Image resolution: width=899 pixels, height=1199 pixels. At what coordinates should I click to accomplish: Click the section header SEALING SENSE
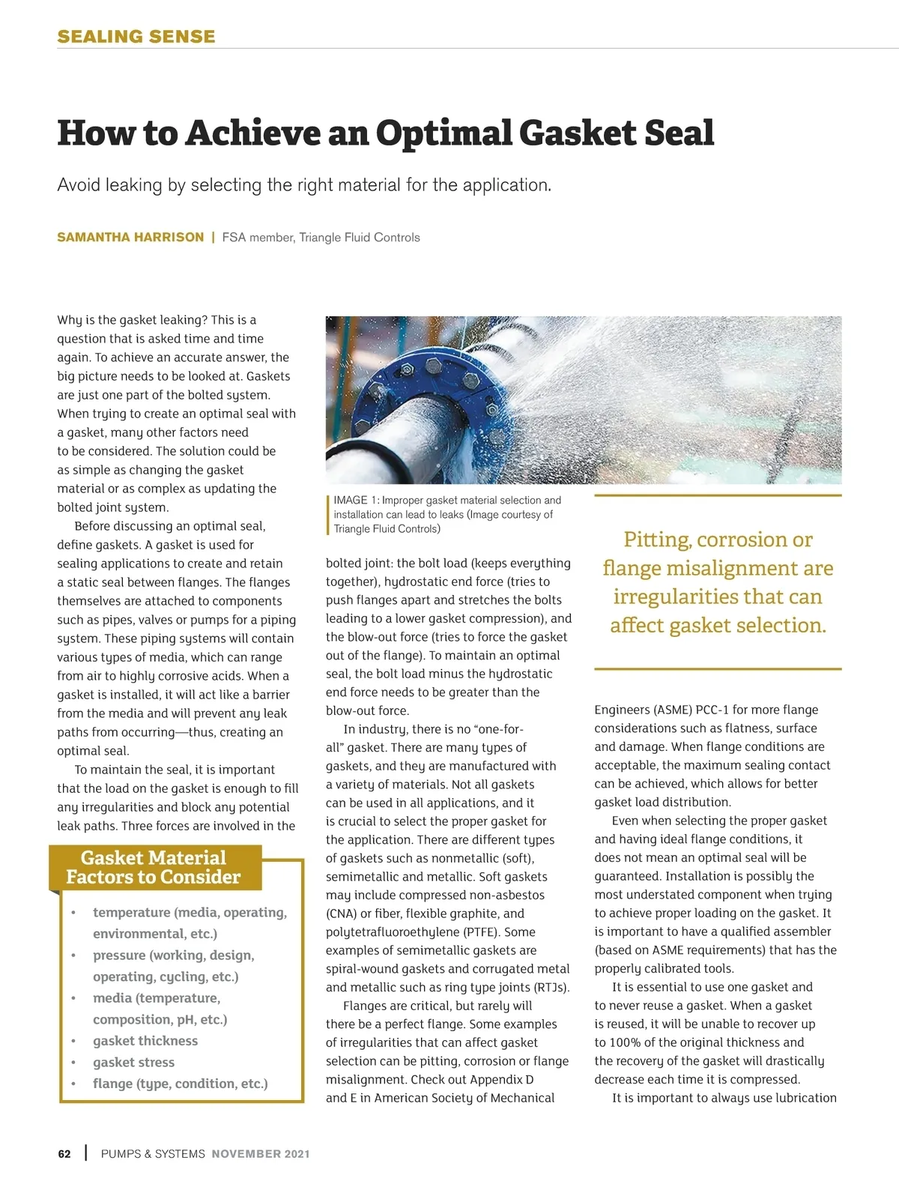coord(136,36)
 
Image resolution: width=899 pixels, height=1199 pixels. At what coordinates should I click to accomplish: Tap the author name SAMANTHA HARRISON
coord(130,238)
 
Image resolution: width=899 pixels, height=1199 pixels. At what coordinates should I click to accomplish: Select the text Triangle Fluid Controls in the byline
coord(360,238)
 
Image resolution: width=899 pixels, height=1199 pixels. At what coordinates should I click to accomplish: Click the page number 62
coord(64,1154)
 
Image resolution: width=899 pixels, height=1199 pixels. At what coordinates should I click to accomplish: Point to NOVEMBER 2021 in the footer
coord(260,1154)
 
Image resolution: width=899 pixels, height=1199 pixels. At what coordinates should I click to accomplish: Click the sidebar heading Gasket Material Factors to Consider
coord(154,868)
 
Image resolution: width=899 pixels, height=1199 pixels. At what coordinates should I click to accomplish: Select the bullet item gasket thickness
coord(145,1041)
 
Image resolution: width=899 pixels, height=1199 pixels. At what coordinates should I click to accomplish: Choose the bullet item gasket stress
coord(133,1063)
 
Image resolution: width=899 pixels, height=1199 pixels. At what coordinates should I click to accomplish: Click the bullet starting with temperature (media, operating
coord(190,913)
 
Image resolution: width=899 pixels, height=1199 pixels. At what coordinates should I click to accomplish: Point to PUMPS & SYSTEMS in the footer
coord(153,1154)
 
